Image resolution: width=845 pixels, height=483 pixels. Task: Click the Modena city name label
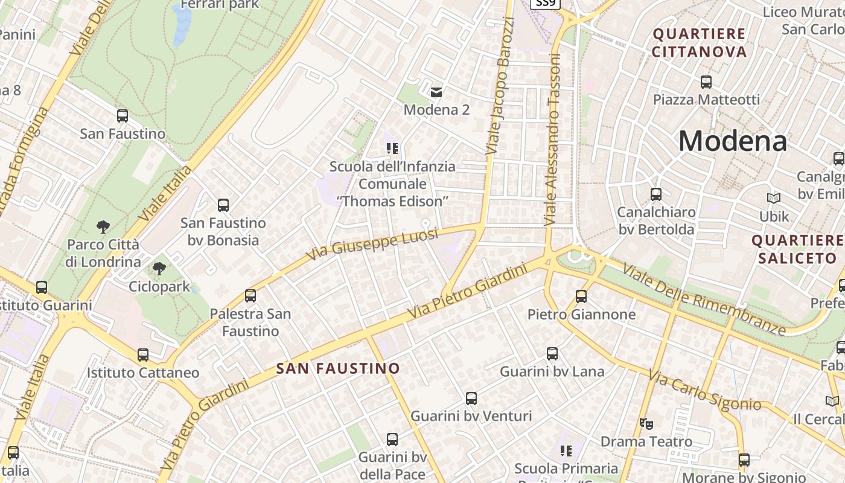pyautogui.click(x=732, y=141)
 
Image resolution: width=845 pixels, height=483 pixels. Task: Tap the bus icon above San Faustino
pyautogui.click(x=123, y=116)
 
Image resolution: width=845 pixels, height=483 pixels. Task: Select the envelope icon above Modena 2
pyautogui.click(x=436, y=92)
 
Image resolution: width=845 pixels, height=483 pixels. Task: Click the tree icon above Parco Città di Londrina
pyautogui.click(x=103, y=227)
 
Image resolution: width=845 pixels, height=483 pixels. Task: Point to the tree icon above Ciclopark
pyautogui.click(x=159, y=269)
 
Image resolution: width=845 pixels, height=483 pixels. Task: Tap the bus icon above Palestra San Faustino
pyautogui.click(x=250, y=296)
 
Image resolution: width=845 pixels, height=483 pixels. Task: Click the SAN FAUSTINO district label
pyautogui.click(x=338, y=368)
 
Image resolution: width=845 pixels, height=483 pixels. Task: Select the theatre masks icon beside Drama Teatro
pyautogui.click(x=646, y=424)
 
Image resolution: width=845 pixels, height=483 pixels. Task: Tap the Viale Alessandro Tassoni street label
pyautogui.click(x=553, y=140)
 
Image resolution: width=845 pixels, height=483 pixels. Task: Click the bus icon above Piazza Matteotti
pyautogui.click(x=706, y=82)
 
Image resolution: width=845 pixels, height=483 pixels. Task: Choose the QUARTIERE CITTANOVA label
pyautogui.click(x=700, y=42)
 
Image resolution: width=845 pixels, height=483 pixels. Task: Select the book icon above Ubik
pyautogui.click(x=774, y=198)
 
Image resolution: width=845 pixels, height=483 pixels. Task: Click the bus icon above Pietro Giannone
pyautogui.click(x=581, y=296)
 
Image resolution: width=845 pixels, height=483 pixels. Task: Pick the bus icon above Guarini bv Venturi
pyautogui.click(x=471, y=398)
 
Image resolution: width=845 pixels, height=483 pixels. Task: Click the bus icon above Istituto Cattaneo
pyautogui.click(x=143, y=355)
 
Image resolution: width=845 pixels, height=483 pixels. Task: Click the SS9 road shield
pyautogui.click(x=546, y=4)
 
